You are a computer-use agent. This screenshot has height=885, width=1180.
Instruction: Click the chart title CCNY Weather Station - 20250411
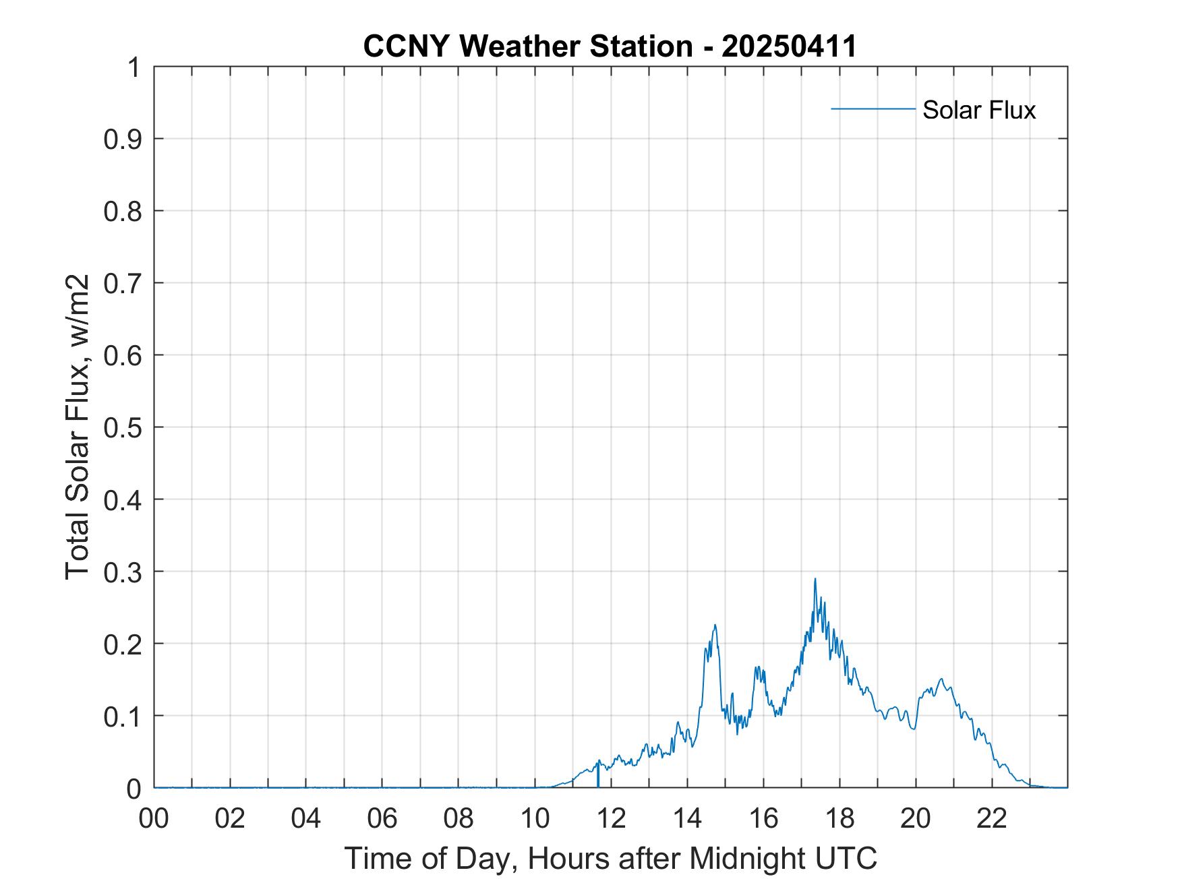pyautogui.click(x=610, y=47)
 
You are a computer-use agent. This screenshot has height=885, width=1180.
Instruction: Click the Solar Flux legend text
pyautogui.click(x=978, y=110)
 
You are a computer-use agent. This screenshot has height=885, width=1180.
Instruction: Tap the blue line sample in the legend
pyautogui.click(x=873, y=109)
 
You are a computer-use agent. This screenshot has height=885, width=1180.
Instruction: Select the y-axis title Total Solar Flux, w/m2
pyautogui.click(x=78, y=427)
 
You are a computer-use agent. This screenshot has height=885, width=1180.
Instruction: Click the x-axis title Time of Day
pyautogui.click(x=610, y=858)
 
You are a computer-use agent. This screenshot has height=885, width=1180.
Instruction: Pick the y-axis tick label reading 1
pyautogui.click(x=135, y=67)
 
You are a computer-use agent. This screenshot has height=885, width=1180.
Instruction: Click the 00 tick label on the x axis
pyautogui.click(x=154, y=818)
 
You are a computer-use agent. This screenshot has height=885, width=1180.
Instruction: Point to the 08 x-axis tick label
pyautogui.click(x=459, y=818)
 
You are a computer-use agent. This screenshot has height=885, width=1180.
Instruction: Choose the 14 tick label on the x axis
pyautogui.click(x=687, y=818)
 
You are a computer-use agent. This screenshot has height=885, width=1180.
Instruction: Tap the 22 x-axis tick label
pyautogui.click(x=992, y=818)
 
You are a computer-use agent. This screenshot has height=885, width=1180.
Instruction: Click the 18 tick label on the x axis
pyautogui.click(x=839, y=818)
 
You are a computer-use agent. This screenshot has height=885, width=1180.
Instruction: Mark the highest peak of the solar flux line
pyautogui.click(x=815, y=579)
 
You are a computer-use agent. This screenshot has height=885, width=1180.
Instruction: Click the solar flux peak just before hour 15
pyautogui.click(x=714, y=625)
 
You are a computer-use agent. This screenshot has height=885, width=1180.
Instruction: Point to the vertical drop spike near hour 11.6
pyautogui.click(x=598, y=775)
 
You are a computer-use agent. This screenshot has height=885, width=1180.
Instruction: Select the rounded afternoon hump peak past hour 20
pyautogui.click(x=941, y=679)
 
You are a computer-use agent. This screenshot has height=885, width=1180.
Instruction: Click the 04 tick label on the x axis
pyautogui.click(x=306, y=818)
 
